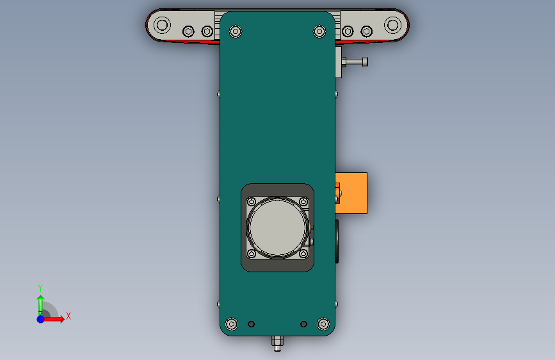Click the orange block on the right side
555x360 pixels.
click(351, 193)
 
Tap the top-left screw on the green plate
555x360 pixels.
click(236, 31)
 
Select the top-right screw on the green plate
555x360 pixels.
click(319, 31)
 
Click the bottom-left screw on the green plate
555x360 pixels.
click(232, 324)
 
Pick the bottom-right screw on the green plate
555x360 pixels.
click(323, 324)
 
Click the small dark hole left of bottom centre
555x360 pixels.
click(251, 324)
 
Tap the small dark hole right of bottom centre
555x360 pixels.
click(303, 324)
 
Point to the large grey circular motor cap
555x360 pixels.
click(277, 227)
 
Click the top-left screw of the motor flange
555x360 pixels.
click(252, 202)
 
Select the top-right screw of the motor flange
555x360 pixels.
click(303, 202)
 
